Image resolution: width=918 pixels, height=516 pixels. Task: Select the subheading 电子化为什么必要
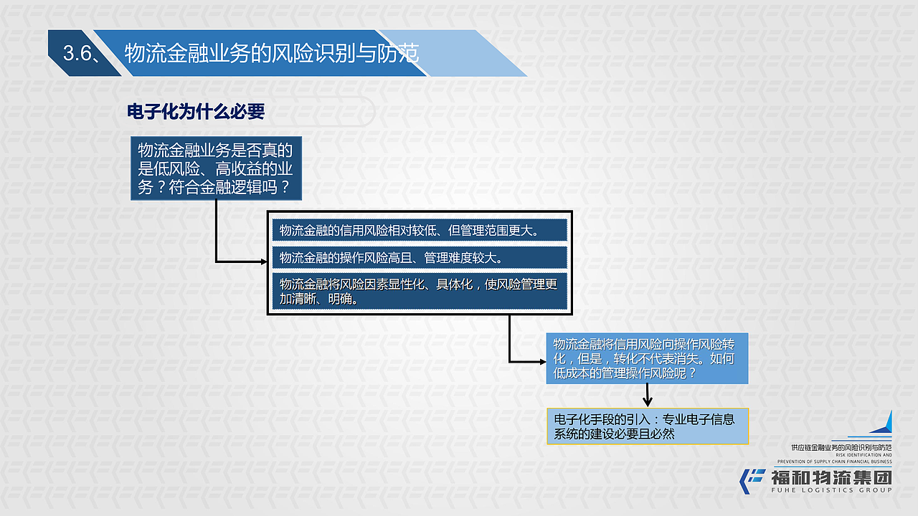click(196, 112)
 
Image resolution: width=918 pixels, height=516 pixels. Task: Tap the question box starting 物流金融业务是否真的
click(216, 168)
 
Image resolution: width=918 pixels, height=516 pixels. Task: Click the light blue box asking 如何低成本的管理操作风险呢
click(647, 358)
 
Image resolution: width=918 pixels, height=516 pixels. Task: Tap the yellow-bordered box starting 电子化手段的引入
click(647, 426)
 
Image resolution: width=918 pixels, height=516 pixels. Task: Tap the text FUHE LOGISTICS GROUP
click(831, 490)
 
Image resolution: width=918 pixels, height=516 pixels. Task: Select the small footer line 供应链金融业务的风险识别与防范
click(840, 446)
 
